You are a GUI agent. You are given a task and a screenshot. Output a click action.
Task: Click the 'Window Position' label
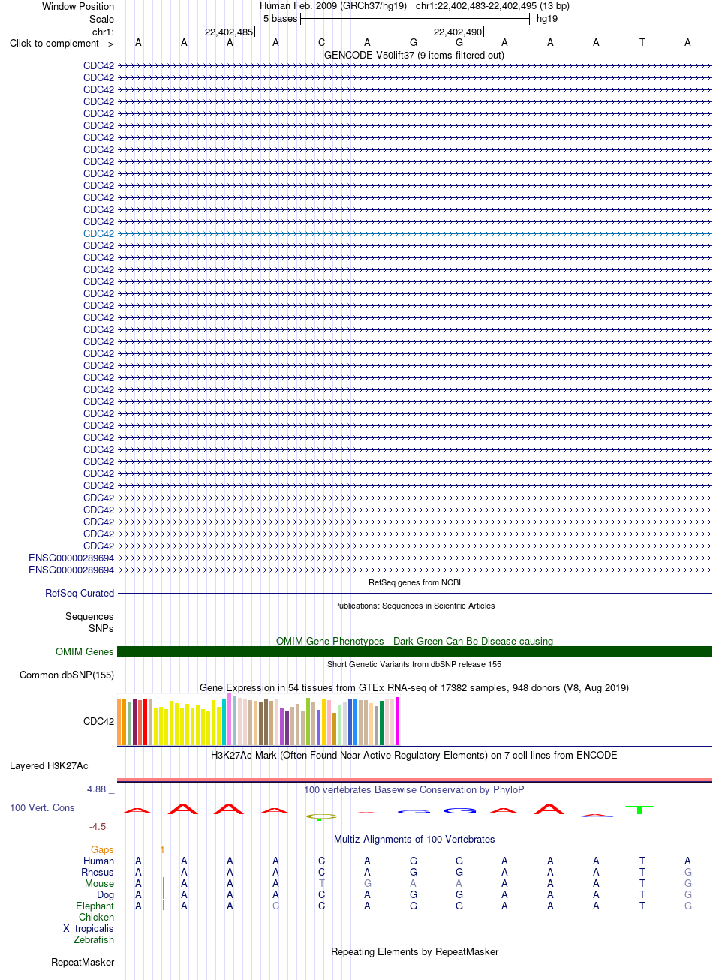click(x=78, y=7)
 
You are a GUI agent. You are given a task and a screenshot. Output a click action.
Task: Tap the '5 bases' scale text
click(x=280, y=18)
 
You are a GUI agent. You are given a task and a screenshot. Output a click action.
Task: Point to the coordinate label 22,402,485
click(x=229, y=32)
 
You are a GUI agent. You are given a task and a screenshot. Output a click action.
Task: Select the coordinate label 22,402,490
click(x=457, y=32)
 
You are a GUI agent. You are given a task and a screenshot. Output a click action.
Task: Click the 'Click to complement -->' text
click(x=62, y=44)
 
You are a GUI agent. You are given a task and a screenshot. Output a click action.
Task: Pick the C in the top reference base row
click(x=321, y=43)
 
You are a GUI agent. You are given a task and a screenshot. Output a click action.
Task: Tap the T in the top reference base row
click(x=642, y=43)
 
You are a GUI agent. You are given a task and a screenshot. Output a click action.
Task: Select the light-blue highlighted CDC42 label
click(x=98, y=233)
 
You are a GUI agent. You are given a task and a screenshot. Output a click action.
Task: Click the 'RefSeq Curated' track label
click(x=80, y=594)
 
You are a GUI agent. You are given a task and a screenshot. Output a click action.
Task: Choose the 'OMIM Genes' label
click(x=84, y=652)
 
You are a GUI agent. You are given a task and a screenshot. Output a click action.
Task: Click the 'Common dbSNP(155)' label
click(x=67, y=675)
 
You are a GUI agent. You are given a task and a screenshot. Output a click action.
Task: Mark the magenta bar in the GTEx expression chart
click(x=398, y=721)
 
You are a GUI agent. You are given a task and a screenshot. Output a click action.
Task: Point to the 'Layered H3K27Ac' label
click(x=49, y=766)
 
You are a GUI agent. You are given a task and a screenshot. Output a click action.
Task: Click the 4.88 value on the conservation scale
click(x=96, y=789)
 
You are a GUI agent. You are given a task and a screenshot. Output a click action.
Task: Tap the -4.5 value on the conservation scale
click(x=98, y=827)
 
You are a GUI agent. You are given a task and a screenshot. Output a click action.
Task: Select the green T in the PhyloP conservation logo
click(x=639, y=810)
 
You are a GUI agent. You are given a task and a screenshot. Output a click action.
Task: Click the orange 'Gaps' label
click(x=102, y=849)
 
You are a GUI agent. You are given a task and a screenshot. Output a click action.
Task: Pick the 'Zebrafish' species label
click(x=93, y=939)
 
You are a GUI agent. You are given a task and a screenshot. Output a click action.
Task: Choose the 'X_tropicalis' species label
click(x=88, y=928)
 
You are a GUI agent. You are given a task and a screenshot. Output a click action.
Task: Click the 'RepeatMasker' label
click(x=83, y=963)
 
